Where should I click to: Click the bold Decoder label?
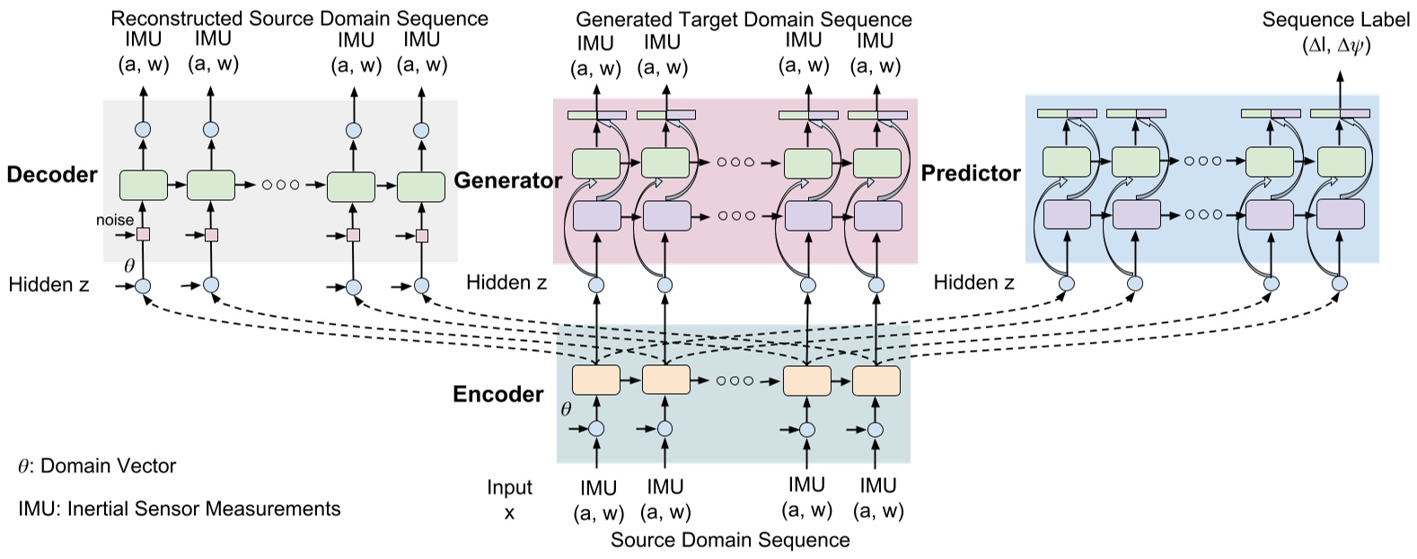[x=51, y=174]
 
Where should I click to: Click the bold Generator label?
[x=507, y=180]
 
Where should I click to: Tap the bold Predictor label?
[x=971, y=173]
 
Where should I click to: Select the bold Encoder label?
[x=497, y=395]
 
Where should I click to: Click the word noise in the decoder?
[x=115, y=220]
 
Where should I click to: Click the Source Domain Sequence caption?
[x=729, y=539]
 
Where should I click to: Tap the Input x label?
[x=509, y=500]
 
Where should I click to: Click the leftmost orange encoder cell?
[x=595, y=380]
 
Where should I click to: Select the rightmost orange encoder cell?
[x=876, y=380]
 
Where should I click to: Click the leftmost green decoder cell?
[x=143, y=185]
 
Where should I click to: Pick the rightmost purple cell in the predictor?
[x=1340, y=215]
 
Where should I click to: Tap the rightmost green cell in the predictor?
[x=1340, y=162]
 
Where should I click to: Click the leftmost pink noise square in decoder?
[x=142, y=235]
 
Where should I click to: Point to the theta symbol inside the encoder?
[x=566, y=409]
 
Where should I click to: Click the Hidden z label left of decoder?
[x=48, y=285]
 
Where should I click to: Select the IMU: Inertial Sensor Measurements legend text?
[x=180, y=509]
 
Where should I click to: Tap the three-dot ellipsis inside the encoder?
[x=735, y=381]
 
